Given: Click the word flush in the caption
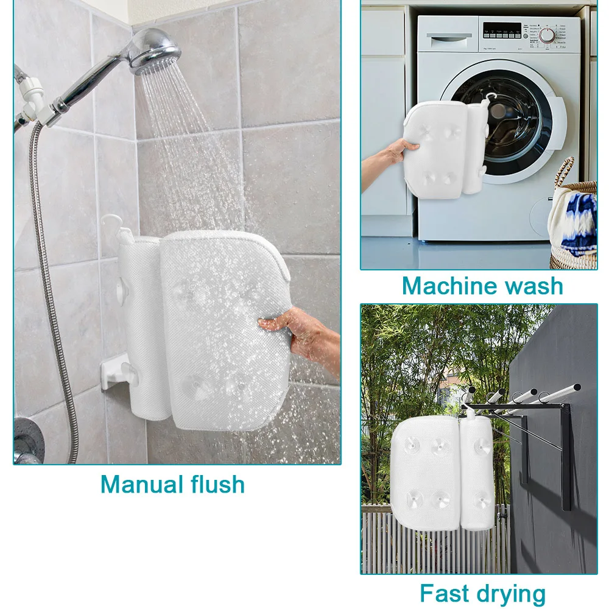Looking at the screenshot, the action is pyautogui.click(x=217, y=484).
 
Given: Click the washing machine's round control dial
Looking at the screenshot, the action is pyautogui.click(x=547, y=36).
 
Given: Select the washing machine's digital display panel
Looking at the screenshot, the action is pyautogui.click(x=502, y=30).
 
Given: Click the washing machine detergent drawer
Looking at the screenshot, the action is pyautogui.click(x=449, y=38).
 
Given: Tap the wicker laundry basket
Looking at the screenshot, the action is pyautogui.click(x=573, y=217).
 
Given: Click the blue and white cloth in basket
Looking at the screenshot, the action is pyautogui.click(x=575, y=219).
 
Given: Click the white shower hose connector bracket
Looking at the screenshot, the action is pyautogui.click(x=33, y=102).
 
